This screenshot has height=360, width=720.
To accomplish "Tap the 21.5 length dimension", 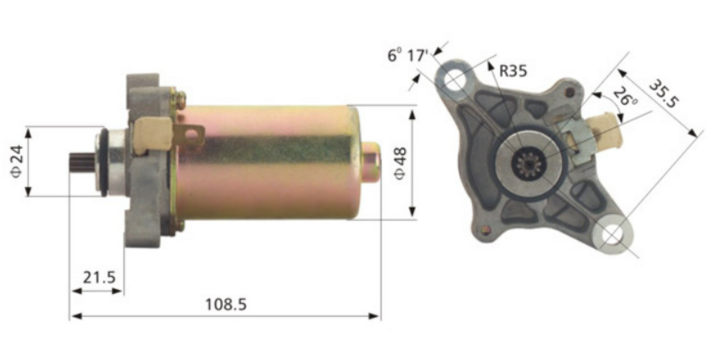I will coord(96,275).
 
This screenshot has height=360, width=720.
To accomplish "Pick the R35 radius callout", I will coord(510,70).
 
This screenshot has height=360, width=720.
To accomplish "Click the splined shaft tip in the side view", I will coord(81,161).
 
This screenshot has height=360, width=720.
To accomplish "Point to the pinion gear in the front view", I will coord(526,160).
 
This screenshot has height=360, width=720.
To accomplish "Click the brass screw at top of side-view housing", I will coord(179,97).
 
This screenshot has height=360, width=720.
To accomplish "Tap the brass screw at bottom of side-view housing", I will coord(178,226).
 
